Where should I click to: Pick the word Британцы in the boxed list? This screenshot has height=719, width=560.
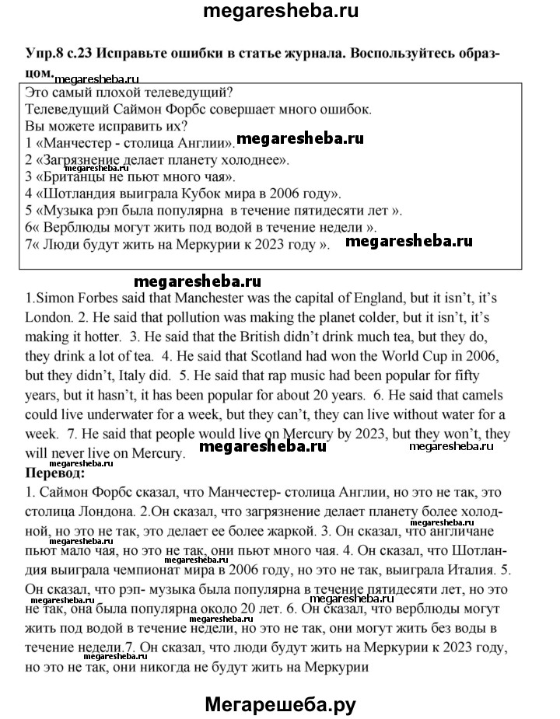point(61,177)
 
